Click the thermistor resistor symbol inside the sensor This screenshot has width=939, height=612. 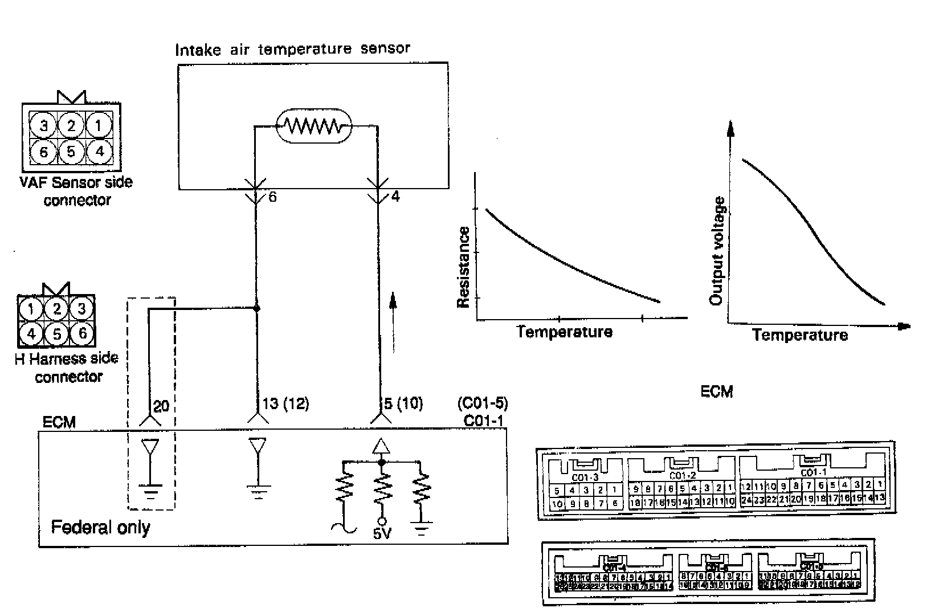point(314,125)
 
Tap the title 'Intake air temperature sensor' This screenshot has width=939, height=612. point(292,49)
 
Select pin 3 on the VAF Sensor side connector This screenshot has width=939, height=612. point(44,125)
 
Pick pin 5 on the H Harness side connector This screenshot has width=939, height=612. point(56,333)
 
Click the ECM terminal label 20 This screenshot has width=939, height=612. point(161,406)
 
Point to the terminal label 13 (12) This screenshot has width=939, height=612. point(285,404)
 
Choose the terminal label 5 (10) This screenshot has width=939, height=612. point(403,404)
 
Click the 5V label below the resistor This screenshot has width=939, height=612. point(382,535)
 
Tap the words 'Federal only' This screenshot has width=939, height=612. point(100,527)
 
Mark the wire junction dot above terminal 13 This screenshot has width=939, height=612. point(256,308)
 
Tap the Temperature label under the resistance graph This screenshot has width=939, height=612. point(564,332)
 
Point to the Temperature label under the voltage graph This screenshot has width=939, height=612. point(799,334)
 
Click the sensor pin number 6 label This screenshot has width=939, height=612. point(272,198)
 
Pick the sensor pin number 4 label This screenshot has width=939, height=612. point(395,197)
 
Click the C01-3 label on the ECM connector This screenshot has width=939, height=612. point(585,478)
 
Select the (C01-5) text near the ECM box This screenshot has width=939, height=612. point(482,403)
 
